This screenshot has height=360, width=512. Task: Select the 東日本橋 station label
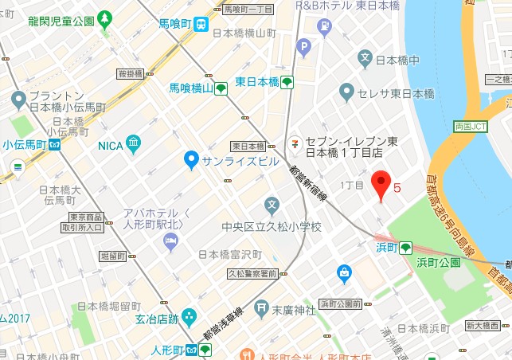click(257, 82)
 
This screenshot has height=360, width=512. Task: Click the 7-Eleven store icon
click(295, 144)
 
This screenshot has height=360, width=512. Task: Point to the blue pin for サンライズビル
click(190, 160)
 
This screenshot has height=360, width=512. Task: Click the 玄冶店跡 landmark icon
click(189, 318)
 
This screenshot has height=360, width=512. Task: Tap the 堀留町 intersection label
click(115, 256)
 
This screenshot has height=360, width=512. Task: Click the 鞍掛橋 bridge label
click(130, 73)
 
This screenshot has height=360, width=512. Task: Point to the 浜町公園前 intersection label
click(340, 303)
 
